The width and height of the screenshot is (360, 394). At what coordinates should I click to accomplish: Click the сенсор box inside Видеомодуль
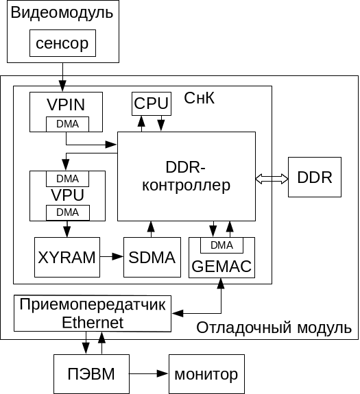point(62,45)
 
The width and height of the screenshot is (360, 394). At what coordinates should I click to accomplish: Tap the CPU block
point(152,103)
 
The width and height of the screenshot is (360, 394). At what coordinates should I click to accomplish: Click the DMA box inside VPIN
point(67,124)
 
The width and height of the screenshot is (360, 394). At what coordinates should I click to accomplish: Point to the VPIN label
point(67,105)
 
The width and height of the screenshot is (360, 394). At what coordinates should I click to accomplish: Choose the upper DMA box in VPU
point(67,178)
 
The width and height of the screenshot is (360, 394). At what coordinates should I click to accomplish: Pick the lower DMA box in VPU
point(67,212)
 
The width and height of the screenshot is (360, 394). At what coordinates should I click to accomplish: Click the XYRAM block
point(67,257)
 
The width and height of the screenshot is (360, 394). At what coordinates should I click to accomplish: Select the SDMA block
point(152,257)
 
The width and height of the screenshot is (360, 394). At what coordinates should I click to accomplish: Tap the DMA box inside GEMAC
point(221,245)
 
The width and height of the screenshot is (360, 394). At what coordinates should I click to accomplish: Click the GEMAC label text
point(221,266)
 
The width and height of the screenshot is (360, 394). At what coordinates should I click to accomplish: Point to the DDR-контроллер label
point(187,176)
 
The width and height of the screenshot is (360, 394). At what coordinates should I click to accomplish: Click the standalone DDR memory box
point(315,177)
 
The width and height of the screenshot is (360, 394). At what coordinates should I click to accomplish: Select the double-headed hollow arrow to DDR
point(272,178)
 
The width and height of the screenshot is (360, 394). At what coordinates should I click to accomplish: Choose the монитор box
point(206,375)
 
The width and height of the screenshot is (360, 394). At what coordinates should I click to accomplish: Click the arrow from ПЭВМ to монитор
point(147,374)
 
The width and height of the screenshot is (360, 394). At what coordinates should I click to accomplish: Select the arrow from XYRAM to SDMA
point(111,257)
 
